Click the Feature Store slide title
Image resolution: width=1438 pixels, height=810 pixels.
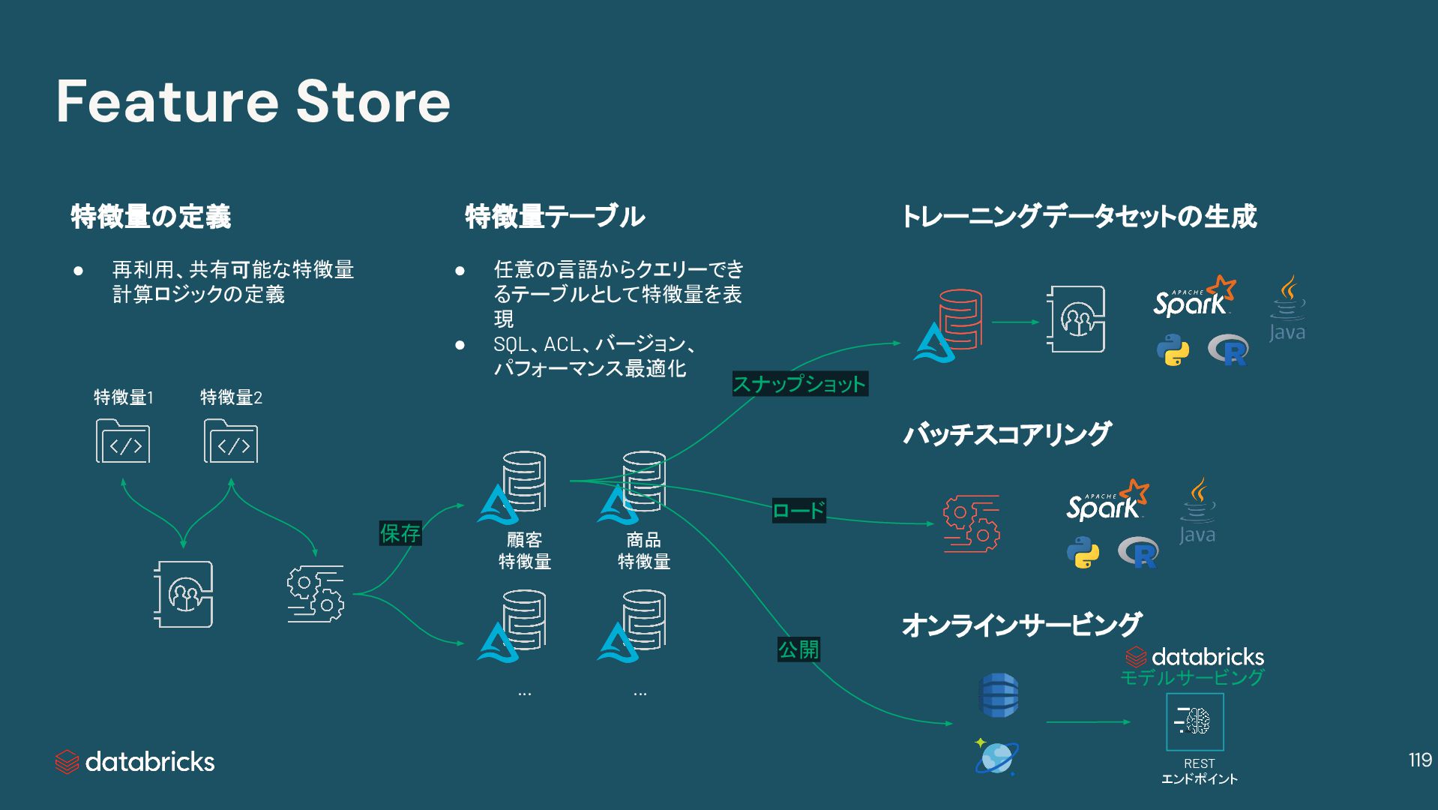(x=253, y=102)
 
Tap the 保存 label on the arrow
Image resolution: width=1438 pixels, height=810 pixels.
(x=400, y=533)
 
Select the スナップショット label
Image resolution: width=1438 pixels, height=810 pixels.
(x=799, y=384)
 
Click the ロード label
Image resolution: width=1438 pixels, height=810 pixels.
(x=798, y=511)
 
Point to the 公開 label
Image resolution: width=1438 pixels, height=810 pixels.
(x=798, y=649)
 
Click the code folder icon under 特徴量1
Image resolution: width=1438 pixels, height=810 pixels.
(x=123, y=441)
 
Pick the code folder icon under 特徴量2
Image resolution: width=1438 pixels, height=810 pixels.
(x=231, y=441)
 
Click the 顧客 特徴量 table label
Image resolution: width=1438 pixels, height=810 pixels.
(x=525, y=550)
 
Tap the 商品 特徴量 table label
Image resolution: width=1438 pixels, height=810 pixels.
(x=643, y=550)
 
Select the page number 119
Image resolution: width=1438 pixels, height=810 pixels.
(x=1420, y=760)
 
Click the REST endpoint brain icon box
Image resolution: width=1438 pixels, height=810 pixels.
(x=1195, y=721)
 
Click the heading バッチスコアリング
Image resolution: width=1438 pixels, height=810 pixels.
(x=1006, y=434)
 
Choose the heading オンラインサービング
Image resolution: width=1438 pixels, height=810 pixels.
(x=1021, y=625)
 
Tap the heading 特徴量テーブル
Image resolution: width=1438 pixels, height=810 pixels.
(x=555, y=217)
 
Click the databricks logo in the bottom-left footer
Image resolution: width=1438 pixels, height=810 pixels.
(x=135, y=762)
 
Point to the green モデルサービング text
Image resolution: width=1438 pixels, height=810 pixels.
(x=1192, y=678)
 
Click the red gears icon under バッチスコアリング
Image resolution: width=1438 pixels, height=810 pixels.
(x=972, y=523)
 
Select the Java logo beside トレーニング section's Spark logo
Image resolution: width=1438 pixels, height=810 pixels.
(x=1287, y=309)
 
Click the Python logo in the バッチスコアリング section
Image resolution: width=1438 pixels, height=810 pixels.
(x=1083, y=553)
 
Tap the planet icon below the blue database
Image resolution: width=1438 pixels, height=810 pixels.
(x=996, y=757)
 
